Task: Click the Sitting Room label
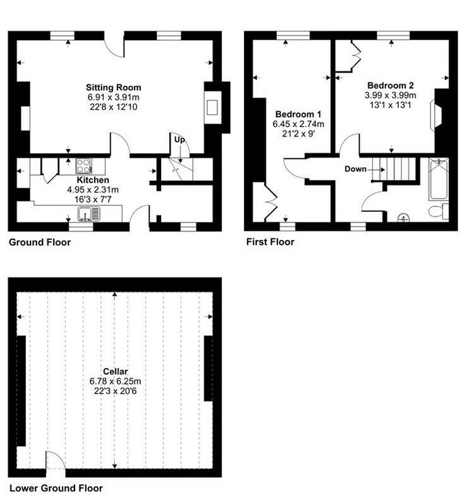point(114,87)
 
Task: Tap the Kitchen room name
point(93,180)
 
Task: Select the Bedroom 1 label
point(298,114)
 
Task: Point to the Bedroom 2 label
point(390,86)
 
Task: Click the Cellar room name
point(116,372)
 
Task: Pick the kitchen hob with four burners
point(84,166)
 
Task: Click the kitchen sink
point(89,214)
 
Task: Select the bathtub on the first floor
point(439,179)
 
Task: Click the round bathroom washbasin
point(403,218)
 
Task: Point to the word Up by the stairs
point(180,140)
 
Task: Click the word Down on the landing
point(356,169)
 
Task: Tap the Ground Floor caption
point(40,242)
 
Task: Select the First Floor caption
point(270,242)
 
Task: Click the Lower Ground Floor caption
point(56,488)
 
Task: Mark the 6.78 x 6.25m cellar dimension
point(115,381)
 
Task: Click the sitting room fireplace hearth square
point(212,107)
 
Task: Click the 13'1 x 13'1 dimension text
point(390,105)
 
